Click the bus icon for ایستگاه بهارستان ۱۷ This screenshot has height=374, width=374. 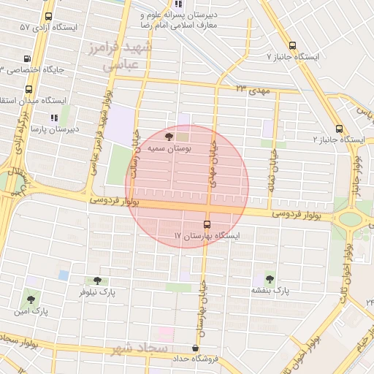point(207,224)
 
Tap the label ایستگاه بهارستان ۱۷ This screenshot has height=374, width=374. point(207,236)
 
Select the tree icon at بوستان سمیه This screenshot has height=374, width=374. point(169,136)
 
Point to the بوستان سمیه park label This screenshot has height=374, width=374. point(169,148)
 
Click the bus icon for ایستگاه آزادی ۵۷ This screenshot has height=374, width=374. point(48,16)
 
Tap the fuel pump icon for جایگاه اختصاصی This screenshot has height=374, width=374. point(28,58)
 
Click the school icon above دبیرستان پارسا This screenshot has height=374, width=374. point(53,117)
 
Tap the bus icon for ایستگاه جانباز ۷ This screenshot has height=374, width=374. point(293,44)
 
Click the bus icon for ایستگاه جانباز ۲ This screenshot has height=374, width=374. point(339,129)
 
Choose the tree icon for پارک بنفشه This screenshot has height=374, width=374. point(270,278)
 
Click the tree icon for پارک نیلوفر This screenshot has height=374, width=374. point(97,280)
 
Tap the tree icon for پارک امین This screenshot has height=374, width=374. point(30,299)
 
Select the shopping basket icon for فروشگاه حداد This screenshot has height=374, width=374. point(194,348)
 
